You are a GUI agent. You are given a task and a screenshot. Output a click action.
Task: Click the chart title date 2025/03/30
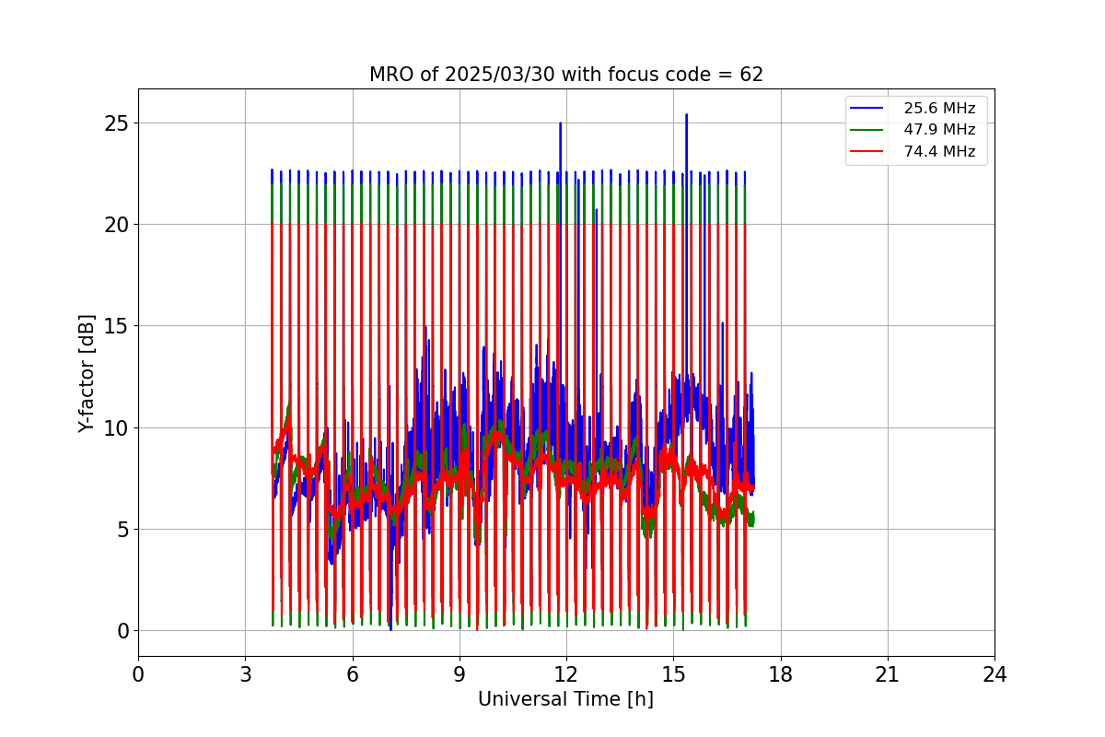tap(499, 75)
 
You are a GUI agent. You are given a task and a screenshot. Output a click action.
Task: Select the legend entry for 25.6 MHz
tap(913, 108)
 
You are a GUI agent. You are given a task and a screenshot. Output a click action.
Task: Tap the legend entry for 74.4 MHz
tap(913, 151)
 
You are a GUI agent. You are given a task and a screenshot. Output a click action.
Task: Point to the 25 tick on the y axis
tap(116, 123)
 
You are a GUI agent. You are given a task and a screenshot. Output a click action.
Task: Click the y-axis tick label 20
tap(116, 225)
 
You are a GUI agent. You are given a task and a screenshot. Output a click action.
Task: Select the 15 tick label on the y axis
tap(116, 326)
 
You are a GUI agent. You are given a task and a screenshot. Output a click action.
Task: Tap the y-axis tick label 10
tap(116, 428)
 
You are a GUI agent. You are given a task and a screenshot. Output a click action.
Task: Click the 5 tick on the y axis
tap(122, 530)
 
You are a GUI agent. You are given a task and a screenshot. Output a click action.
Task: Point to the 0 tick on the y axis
tap(122, 631)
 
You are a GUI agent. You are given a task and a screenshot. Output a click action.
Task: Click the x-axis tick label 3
tap(246, 674)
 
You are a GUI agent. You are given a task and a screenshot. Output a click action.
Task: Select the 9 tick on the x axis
tap(459, 674)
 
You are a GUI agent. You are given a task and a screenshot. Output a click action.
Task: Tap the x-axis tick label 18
tap(781, 674)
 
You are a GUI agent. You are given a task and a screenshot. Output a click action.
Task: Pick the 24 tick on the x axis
tap(994, 674)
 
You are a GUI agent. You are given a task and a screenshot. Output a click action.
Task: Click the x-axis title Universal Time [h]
tap(565, 699)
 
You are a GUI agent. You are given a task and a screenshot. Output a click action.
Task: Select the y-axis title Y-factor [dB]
tap(86, 374)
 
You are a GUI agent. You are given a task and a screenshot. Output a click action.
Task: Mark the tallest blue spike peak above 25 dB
tap(686, 114)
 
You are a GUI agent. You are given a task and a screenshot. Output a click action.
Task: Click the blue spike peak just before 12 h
tap(561, 123)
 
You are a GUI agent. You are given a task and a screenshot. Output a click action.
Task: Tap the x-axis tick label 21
tap(888, 674)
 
